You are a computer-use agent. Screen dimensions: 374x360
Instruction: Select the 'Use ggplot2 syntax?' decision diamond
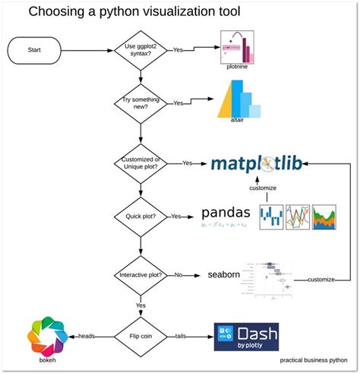point(141,52)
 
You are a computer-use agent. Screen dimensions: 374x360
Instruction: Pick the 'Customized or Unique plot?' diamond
point(141,163)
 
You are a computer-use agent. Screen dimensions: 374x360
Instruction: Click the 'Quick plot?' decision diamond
point(141,216)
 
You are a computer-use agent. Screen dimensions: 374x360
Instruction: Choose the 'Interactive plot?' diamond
point(141,275)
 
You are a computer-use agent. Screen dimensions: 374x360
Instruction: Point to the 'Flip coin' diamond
point(141,334)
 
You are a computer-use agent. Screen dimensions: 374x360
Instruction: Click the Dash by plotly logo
point(246,334)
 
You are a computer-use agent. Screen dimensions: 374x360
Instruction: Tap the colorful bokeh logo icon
point(45,334)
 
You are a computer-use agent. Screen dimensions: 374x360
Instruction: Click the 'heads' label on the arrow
point(85,334)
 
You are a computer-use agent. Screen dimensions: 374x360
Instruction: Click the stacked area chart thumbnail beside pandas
point(325,216)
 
